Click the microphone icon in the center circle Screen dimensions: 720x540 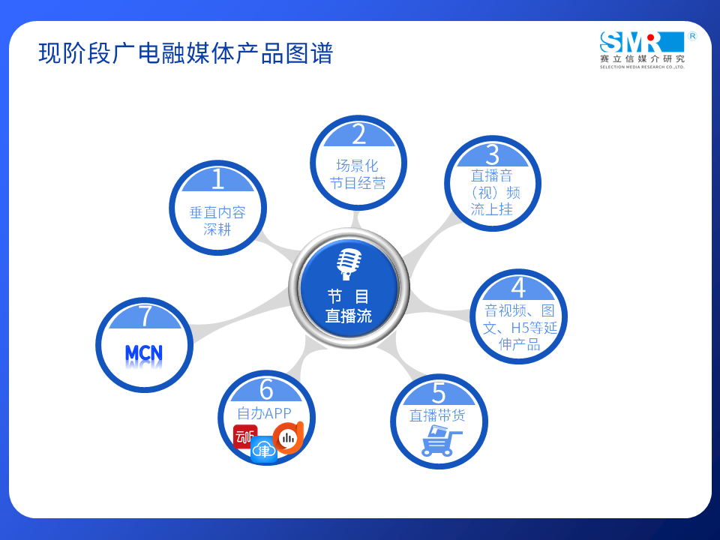click(x=349, y=264)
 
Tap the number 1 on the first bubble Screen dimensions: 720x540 click(x=218, y=179)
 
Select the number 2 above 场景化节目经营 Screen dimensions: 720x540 click(x=359, y=134)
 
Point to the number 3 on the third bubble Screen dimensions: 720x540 click(x=492, y=154)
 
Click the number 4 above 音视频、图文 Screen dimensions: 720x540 click(x=518, y=288)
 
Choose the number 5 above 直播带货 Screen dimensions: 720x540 click(x=439, y=393)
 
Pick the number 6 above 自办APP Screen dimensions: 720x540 click(x=266, y=389)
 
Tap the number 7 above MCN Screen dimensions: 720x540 click(x=145, y=316)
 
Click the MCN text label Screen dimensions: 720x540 click(x=144, y=353)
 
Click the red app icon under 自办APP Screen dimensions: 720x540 click(x=244, y=436)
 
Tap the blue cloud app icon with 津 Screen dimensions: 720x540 click(x=264, y=449)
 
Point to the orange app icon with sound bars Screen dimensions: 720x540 click(x=288, y=437)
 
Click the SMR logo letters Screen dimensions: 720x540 click(x=642, y=42)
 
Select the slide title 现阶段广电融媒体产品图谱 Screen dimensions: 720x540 click(x=185, y=53)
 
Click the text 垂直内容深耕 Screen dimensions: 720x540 click(x=217, y=220)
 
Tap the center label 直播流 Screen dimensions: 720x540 click(x=349, y=316)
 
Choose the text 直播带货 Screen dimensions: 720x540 click(x=437, y=415)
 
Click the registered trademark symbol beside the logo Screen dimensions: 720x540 click(x=692, y=36)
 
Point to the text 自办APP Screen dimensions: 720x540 click(x=264, y=413)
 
